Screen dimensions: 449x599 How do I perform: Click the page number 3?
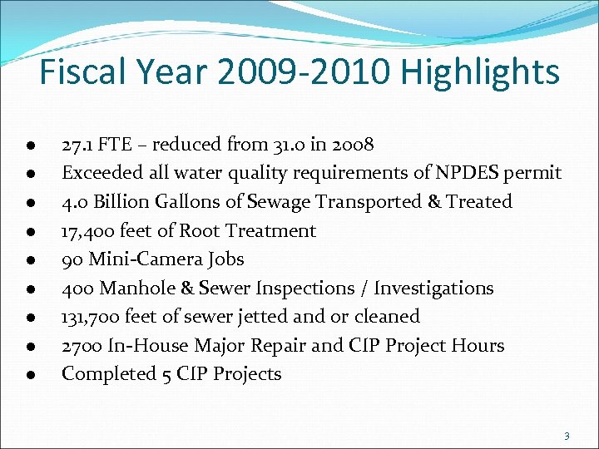566,436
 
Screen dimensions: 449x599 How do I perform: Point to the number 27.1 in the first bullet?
76,145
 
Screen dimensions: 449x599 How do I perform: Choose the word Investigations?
433,288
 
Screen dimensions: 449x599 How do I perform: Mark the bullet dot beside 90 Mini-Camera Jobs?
29,260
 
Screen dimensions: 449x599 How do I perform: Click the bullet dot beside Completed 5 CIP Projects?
29,375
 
